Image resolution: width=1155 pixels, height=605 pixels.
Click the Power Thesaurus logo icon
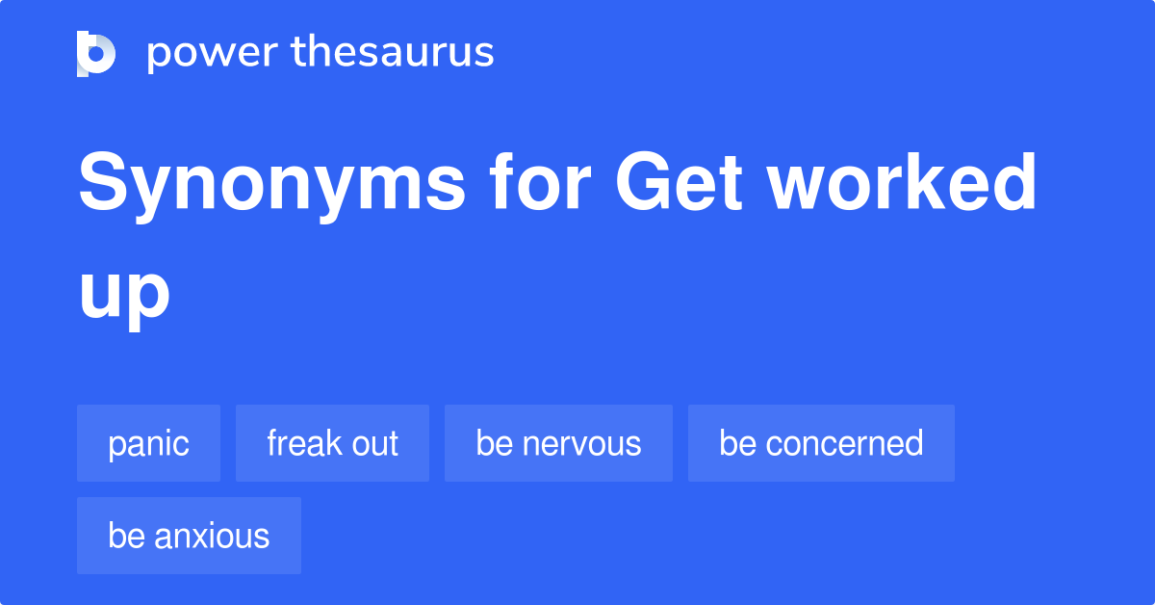[96, 53]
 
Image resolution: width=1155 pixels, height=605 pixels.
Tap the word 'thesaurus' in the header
[393, 53]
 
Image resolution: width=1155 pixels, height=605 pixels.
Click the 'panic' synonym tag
[148, 443]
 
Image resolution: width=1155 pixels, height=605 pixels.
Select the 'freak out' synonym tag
[332, 443]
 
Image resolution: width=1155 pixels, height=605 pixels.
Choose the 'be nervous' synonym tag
[558, 443]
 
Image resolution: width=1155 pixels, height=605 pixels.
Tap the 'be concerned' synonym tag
[821, 443]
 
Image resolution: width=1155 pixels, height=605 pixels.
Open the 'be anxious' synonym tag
[189, 536]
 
